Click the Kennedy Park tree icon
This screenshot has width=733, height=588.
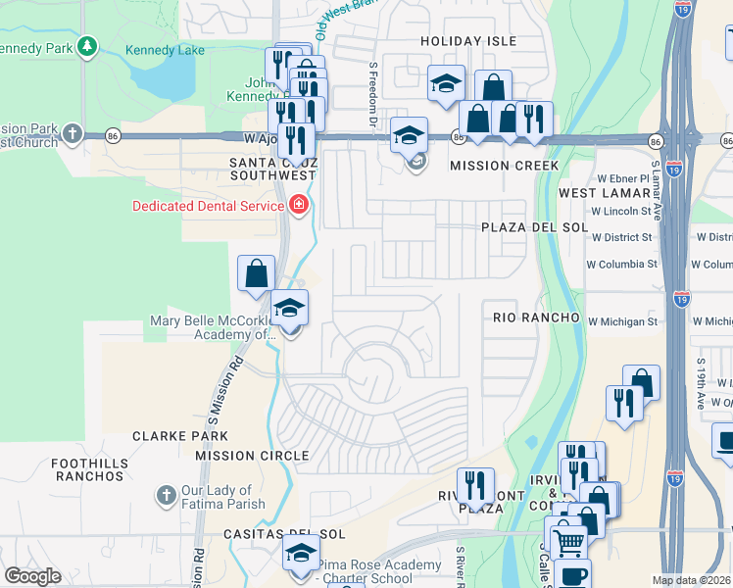tap(87, 46)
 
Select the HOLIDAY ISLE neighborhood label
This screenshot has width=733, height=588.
tap(467, 41)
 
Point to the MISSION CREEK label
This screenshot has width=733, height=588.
tap(504, 166)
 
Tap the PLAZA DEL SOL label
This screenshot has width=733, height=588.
tap(534, 227)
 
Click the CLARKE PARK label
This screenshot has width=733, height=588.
tap(180, 436)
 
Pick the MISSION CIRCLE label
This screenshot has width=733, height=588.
tap(252, 456)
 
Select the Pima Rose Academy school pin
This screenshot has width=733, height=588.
tap(301, 552)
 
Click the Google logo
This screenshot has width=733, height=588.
tap(32, 576)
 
